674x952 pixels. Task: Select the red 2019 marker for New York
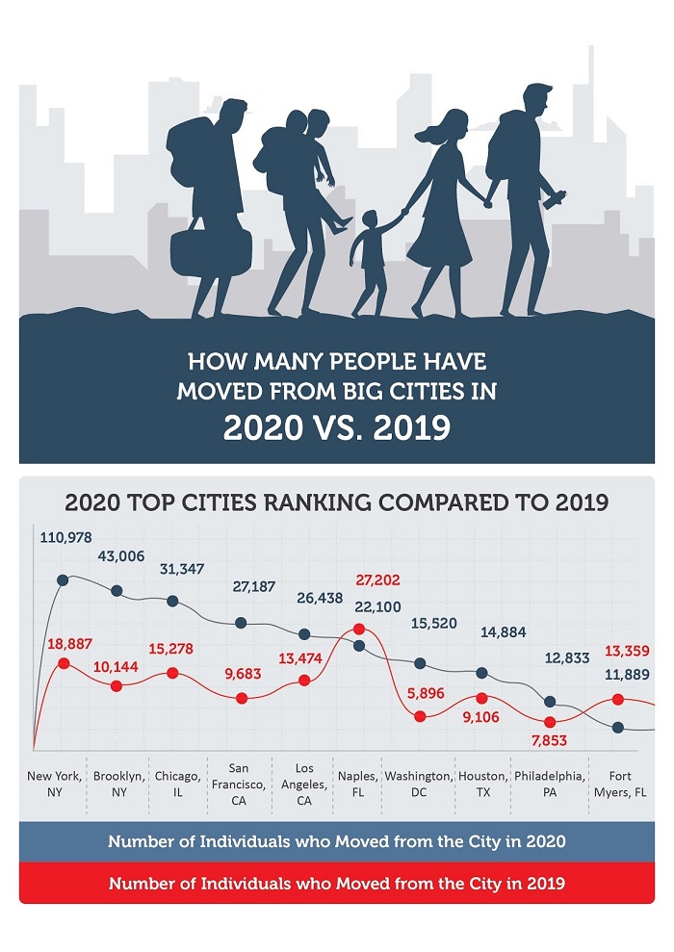tap(64, 663)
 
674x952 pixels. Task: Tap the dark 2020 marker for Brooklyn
tap(117, 590)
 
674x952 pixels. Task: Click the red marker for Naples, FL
tap(359, 630)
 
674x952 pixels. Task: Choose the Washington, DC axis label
tap(418, 783)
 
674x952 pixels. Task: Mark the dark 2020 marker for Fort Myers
tap(618, 727)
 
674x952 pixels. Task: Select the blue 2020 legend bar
tap(336, 841)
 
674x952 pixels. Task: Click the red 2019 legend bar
tap(336, 883)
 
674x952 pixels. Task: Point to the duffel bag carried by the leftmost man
tap(197, 249)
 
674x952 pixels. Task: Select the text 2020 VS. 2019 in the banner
tap(336, 425)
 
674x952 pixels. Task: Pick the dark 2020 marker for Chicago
tap(173, 602)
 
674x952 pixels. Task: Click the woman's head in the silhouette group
tap(451, 124)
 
